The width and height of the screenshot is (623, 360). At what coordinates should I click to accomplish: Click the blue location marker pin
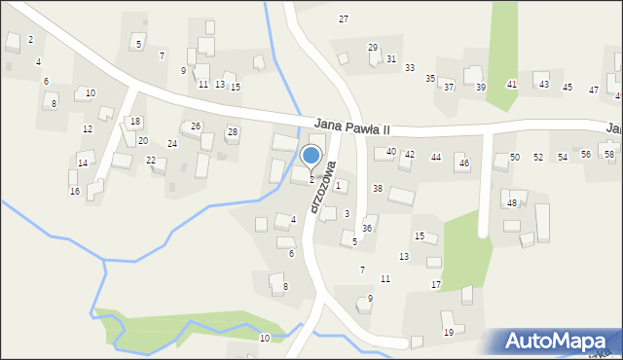pos(311,156)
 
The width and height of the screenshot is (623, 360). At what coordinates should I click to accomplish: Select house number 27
pos(343,19)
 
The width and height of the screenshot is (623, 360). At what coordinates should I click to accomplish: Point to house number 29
pos(372,48)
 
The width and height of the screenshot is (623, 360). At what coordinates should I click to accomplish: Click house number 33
pos(410,67)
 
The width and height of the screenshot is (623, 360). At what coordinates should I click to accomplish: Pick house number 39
pos(480,88)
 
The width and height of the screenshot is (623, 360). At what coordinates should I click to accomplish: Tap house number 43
pos(544,85)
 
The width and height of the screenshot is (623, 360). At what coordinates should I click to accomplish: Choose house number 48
pos(511,203)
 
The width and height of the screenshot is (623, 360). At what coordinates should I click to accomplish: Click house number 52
pos(538,157)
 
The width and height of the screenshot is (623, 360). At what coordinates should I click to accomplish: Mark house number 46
pos(463,162)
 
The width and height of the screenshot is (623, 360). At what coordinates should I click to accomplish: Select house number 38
pos(378,188)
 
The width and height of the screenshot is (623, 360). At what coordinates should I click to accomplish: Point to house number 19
pos(448,333)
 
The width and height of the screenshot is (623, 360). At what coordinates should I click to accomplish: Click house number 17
pos(436,284)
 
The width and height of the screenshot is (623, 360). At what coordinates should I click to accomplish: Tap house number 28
pos(232,132)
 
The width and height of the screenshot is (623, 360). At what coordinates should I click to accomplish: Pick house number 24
pos(172,144)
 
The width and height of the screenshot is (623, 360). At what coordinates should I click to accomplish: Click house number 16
pos(74,191)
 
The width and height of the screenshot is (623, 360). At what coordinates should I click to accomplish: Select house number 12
pos(88,129)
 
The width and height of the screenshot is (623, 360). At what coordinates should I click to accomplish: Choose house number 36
pos(367,228)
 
